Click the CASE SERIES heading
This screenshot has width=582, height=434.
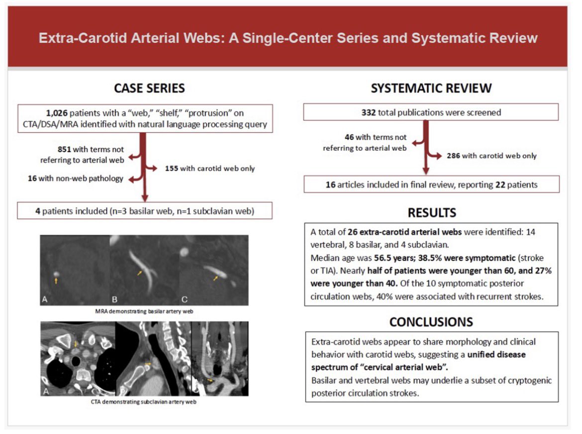[149, 88]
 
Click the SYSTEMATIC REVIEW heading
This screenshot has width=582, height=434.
[431, 88]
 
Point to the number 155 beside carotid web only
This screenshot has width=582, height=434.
[172, 169]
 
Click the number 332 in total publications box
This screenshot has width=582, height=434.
[369, 112]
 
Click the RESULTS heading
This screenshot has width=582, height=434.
[431, 213]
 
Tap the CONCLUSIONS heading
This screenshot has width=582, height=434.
[431, 322]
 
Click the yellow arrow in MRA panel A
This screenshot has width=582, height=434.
[56, 281]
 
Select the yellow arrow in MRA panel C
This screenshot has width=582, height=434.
[215, 278]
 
